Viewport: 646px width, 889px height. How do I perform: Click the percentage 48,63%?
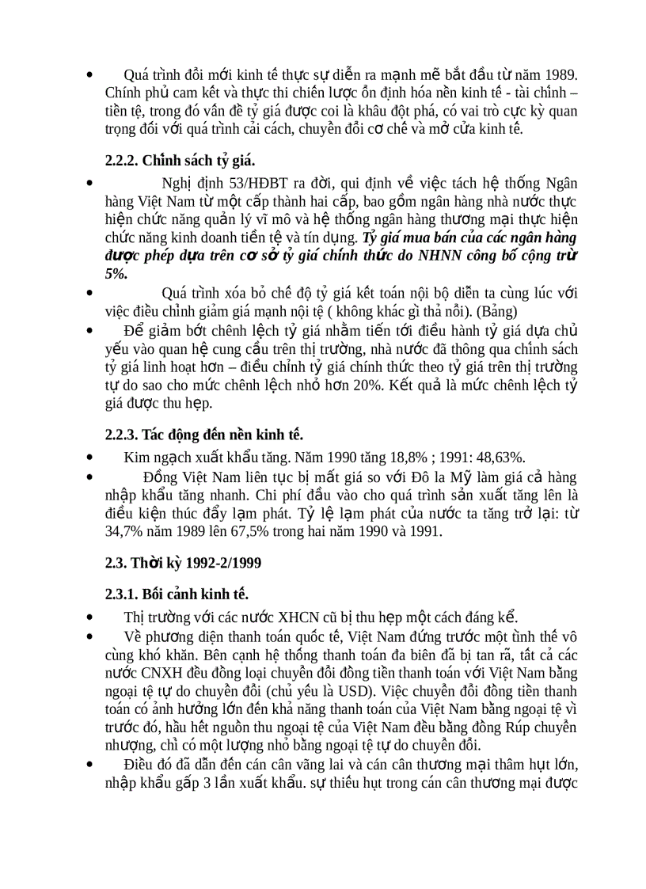497,457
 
